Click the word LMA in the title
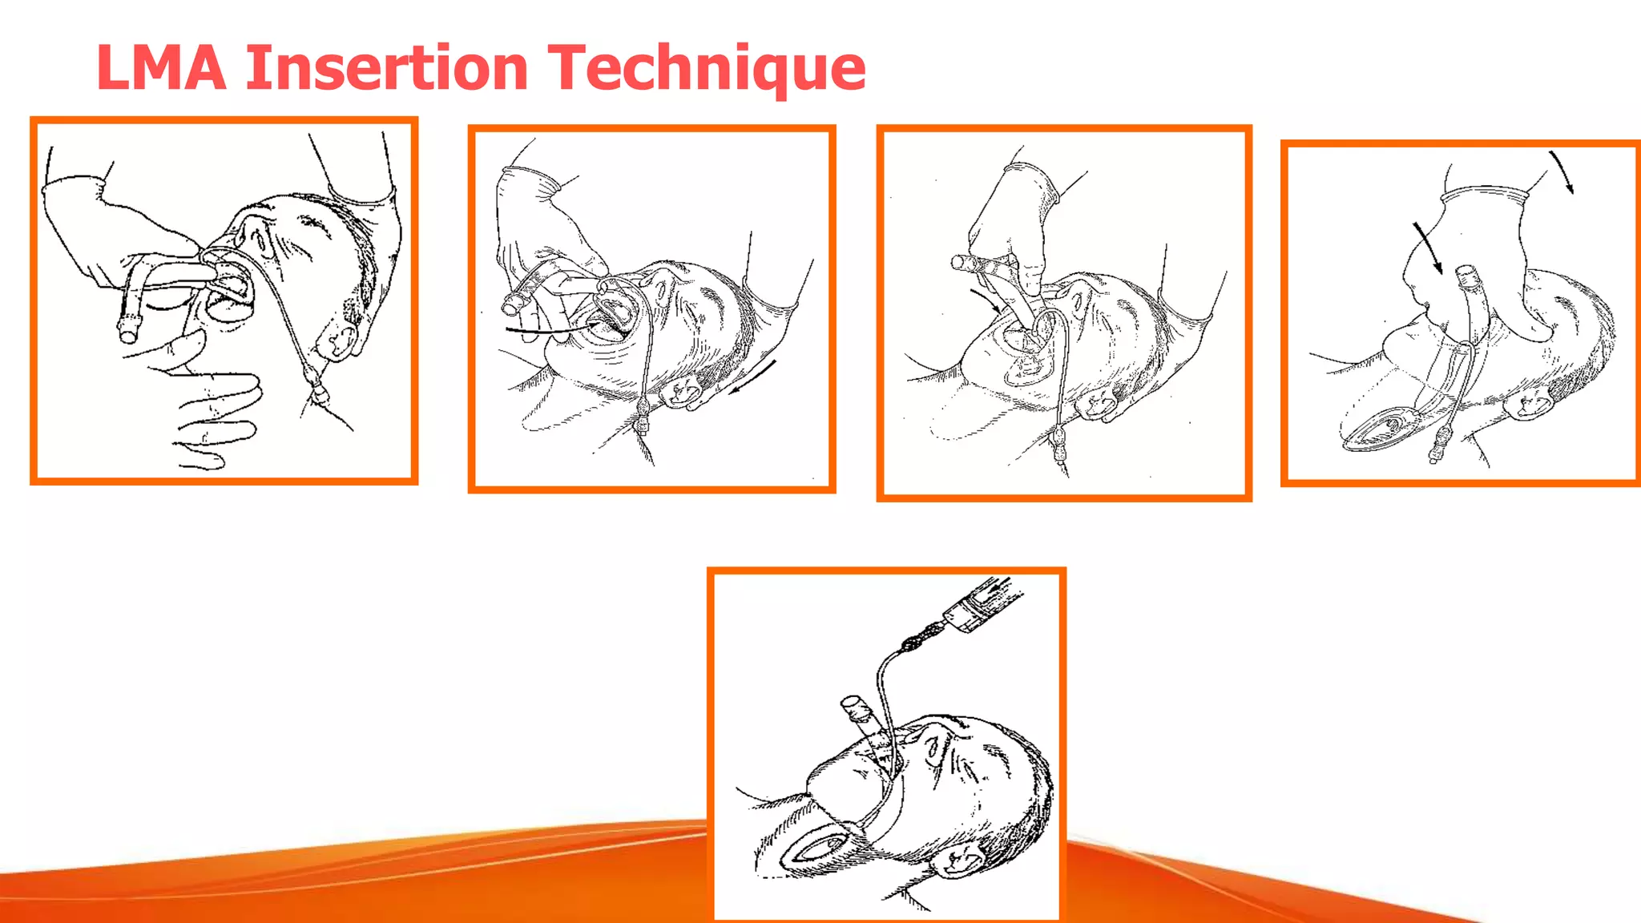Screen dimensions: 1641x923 (161, 67)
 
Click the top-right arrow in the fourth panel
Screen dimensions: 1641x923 (1562, 171)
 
